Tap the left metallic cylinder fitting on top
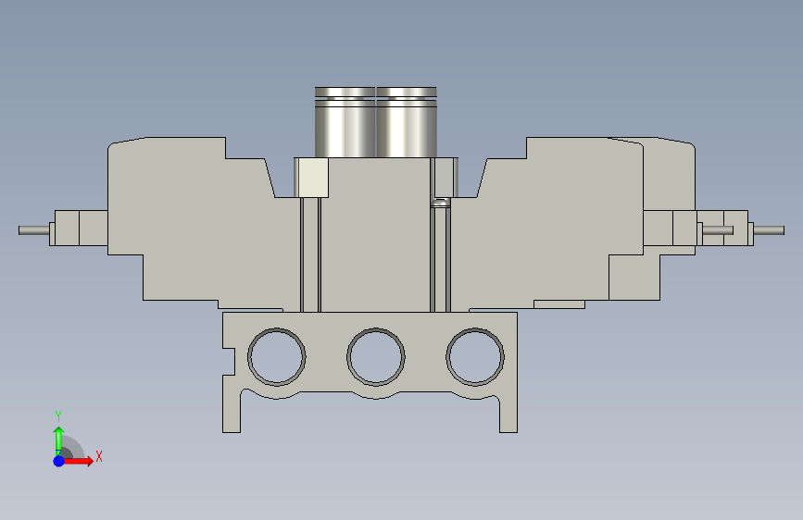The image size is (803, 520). tap(345, 122)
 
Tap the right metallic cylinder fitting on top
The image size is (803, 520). tap(407, 122)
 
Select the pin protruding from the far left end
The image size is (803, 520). tap(33, 230)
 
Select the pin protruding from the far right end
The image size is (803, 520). tap(769, 230)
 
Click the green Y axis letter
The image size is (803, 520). tap(58, 415)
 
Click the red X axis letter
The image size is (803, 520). tap(99, 456)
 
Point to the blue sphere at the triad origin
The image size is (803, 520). tap(59, 461)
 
